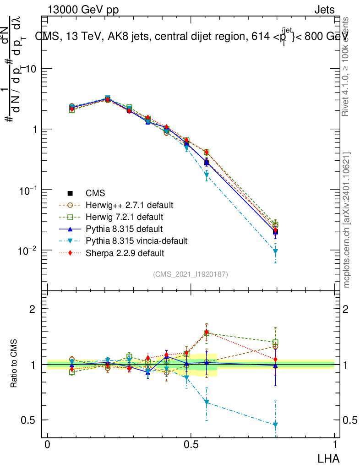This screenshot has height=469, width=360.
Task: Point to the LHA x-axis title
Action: (x=328, y=458)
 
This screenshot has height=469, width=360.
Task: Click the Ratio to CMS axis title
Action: (x=14, y=364)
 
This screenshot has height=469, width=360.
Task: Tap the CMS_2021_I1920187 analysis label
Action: (x=191, y=274)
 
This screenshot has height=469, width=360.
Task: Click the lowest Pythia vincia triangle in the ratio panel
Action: (x=275, y=425)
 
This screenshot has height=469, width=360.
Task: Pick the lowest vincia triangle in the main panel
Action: (x=275, y=251)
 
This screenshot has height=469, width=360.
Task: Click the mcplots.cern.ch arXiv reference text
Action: (x=347, y=220)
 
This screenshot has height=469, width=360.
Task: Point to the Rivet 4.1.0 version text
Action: (x=347, y=66)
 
